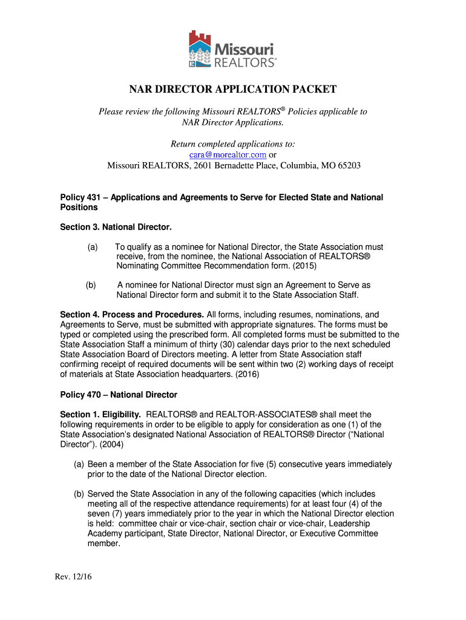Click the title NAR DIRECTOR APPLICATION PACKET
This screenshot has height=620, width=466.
[233, 90]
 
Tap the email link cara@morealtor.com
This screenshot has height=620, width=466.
[224, 155]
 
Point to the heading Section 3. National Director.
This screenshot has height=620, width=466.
[116, 227]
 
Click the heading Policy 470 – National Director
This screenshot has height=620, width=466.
[119, 394]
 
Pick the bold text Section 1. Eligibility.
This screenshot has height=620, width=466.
[100, 414]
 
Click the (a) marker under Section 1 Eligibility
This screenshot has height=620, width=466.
[79, 464]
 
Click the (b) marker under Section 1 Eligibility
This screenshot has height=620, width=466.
[79, 493]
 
